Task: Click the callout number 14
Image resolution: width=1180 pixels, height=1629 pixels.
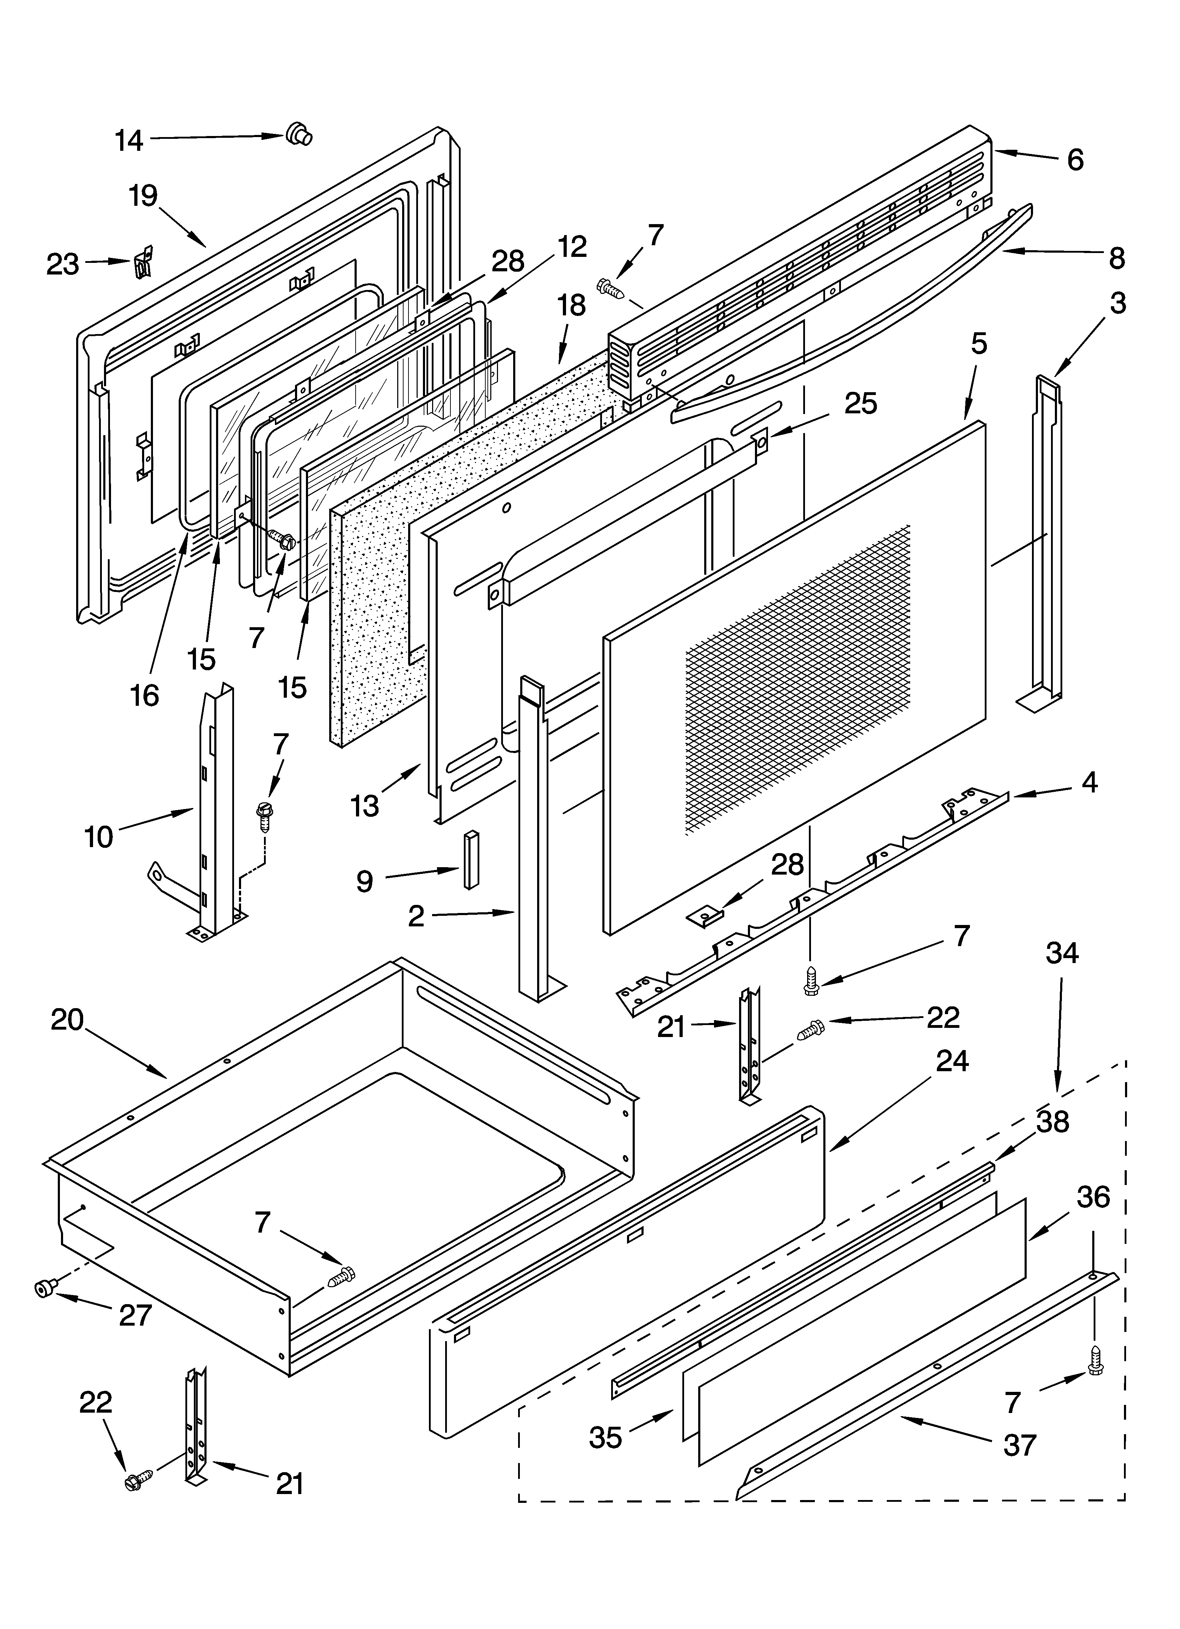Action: click(x=129, y=141)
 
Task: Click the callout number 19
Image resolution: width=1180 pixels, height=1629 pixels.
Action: click(x=144, y=195)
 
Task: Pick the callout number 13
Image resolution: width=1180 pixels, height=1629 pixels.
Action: click(x=365, y=806)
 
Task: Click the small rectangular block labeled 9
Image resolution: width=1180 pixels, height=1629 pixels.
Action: click(x=471, y=860)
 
